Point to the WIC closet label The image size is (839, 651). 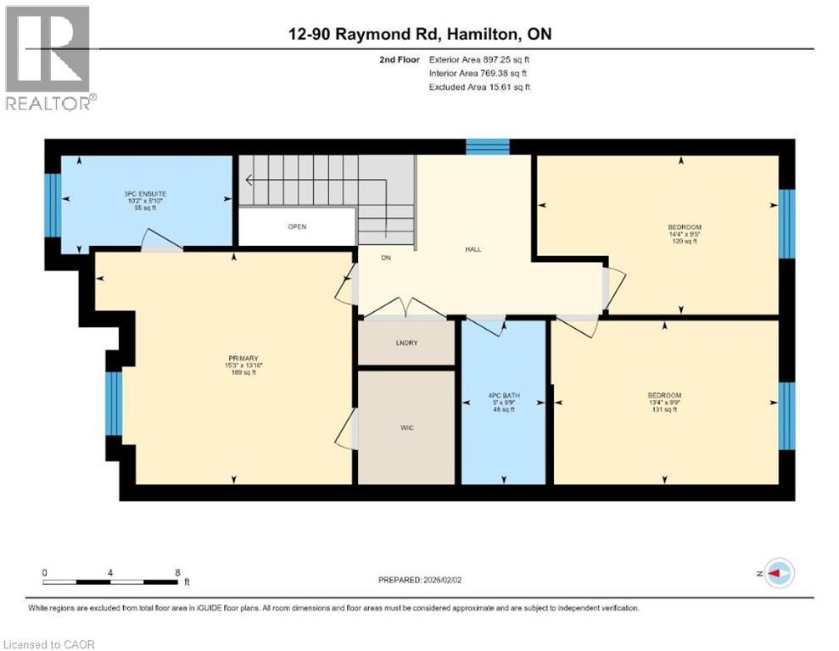406,428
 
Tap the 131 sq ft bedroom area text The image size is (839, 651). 664,410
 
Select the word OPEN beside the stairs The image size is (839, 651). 296,227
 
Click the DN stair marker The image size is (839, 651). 385,258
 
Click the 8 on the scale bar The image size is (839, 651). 177,572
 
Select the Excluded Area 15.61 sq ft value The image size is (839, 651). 480,87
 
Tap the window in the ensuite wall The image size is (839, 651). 53,205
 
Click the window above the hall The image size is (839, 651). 487,146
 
